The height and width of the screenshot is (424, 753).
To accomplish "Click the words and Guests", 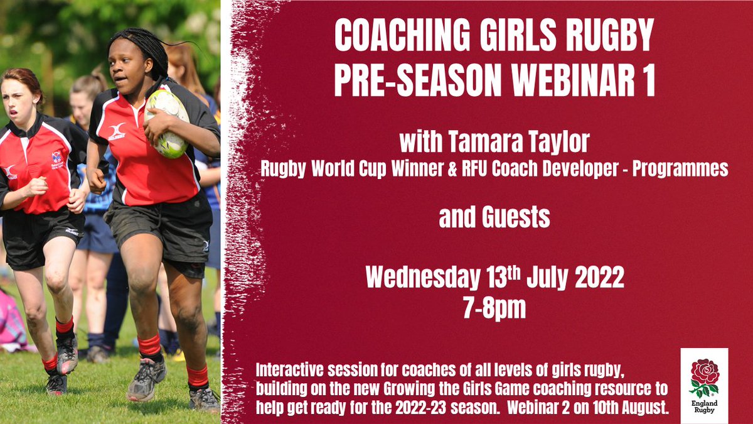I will tap(494, 218).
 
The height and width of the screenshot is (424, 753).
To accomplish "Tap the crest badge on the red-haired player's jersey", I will tap(57, 159).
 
